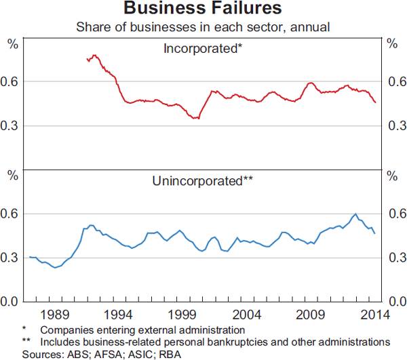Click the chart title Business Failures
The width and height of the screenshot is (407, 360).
pyautogui.click(x=203, y=9)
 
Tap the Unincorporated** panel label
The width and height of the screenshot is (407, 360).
pyautogui.click(x=203, y=181)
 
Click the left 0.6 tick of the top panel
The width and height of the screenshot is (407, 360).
pyautogui.click(x=14, y=82)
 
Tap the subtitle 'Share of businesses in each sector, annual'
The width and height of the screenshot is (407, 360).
pyautogui.click(x=203, y=27)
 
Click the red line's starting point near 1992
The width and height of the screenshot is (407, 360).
pyautogui.click(x=88, y=60)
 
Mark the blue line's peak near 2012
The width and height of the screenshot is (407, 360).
pyautogui.click(x=355, y=214)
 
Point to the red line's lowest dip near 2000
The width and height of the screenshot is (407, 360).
pyautogui.click(x=197, y=119)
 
